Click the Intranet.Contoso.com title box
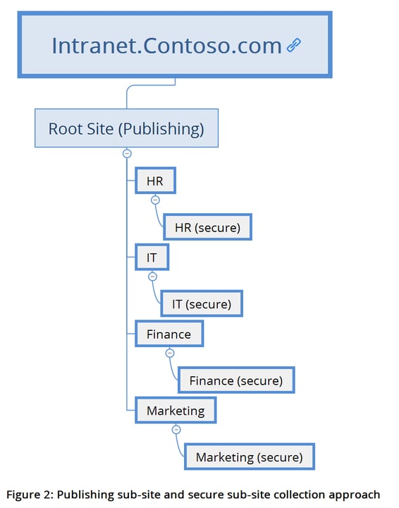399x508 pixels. pos(175,44)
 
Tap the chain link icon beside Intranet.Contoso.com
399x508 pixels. pos(293,46)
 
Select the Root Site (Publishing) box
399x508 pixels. pos(126,128)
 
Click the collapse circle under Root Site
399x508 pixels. pos(127,153)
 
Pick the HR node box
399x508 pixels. pos(155,181)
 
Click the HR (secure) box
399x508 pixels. pos(207,228)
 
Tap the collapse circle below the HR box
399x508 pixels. pos(155,200)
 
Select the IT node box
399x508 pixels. pos(152,258)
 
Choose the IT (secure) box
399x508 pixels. pos(201,304)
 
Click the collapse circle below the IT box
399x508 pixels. pos(152,276)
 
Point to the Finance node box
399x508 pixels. pos(168,334)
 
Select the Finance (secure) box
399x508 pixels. pos(235,380)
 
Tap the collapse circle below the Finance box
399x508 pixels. pos(169,353)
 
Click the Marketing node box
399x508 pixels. pos(175,410)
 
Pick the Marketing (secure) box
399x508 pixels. pos(249,456)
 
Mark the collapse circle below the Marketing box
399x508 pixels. pos(176,429)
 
